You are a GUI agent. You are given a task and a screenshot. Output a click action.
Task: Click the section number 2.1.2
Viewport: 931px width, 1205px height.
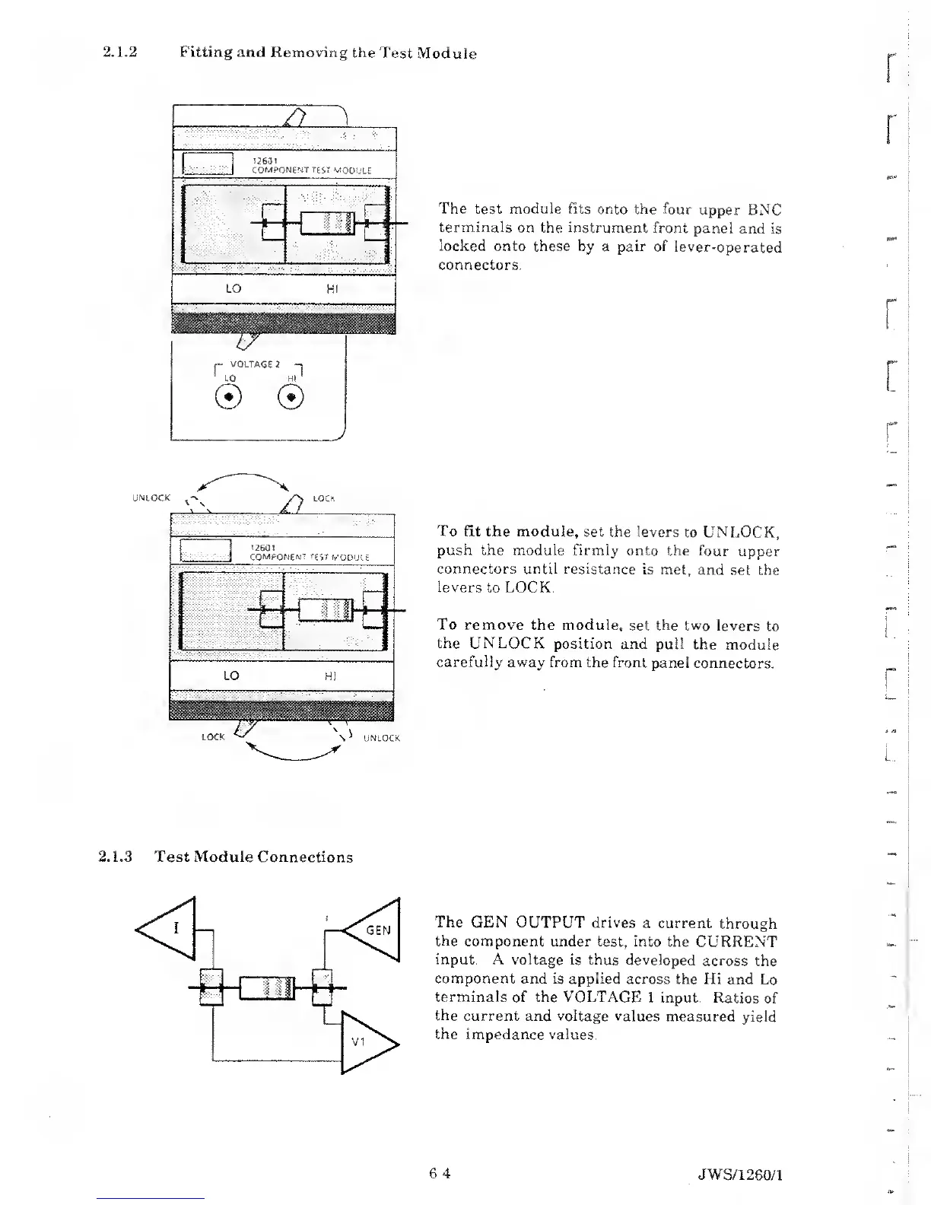pos(119,52)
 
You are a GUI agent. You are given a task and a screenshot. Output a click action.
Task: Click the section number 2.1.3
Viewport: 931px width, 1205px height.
pos(116,857)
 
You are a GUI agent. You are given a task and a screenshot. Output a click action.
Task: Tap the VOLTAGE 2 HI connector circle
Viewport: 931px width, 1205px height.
pos(291,397)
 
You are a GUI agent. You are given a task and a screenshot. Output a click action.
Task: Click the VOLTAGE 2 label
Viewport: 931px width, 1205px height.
pos(251,364)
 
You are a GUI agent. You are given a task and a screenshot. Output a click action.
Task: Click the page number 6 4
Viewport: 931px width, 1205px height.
pos(440,1173)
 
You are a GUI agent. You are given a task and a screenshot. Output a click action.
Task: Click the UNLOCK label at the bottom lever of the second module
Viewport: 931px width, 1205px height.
pos(382,738)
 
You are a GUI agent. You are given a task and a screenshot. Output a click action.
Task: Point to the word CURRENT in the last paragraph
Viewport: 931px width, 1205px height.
pos(734,942)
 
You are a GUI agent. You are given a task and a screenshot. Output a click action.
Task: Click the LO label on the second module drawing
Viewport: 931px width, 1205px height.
pos(231,676)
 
